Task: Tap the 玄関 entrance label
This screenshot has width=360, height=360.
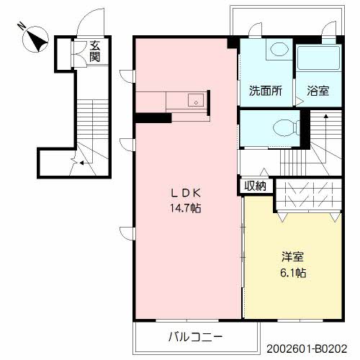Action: point(95,52)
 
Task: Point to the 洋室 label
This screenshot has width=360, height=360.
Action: point(292,256)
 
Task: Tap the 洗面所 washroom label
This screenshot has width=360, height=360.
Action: point(264,92)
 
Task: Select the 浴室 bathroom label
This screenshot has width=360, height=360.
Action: point(318,92)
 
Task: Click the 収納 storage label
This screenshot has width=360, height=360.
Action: point(254,186)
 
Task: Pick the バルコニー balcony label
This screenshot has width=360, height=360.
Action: point(195,336)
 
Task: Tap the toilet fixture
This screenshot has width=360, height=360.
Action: point(285,128)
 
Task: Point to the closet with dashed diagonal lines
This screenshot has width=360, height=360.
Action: point(307,194)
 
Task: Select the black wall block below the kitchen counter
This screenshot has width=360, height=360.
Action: point(151,117)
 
